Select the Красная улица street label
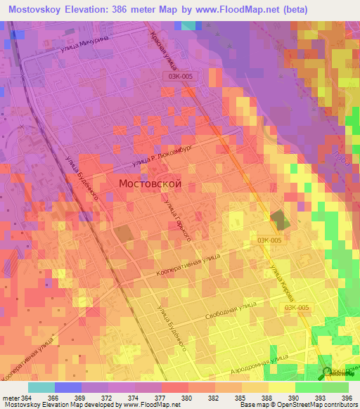coord(161,51)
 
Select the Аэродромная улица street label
coord(260,364)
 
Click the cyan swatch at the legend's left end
coord(41,387)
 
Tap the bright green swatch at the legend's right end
coord(335,387)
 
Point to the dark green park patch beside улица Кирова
coord(279,219)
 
